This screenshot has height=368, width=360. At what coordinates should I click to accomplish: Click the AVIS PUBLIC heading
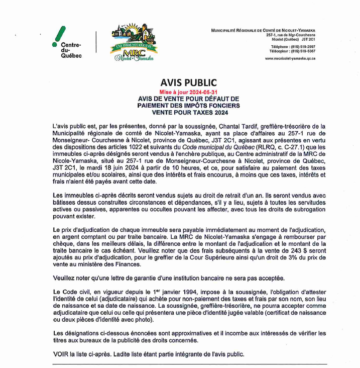[189, 82]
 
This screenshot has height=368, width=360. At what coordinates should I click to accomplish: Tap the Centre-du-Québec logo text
[71, 51]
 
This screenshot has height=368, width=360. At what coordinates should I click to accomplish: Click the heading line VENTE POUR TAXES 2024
[189, 112]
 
